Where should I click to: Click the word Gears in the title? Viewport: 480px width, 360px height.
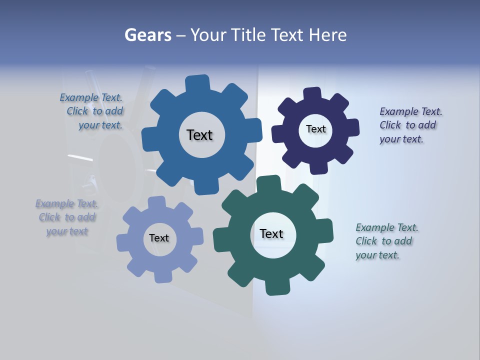148,35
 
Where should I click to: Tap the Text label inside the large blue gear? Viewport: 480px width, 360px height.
199,135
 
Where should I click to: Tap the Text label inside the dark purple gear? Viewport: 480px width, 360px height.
315,129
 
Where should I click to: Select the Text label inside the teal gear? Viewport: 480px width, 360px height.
271,234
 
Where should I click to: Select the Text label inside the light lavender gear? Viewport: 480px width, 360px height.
159,238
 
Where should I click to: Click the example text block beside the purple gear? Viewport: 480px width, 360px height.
407,125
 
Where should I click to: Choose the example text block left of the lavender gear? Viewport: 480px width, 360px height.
67,217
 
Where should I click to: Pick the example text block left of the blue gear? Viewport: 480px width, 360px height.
93,111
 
